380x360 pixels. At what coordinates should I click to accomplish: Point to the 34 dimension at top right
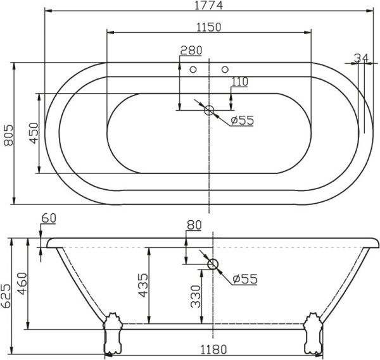pos(361,58)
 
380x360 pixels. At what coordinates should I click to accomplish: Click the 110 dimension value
pos(239,81)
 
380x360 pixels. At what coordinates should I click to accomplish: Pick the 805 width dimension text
pos(8,133)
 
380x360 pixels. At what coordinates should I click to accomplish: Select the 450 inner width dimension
pos(34,133)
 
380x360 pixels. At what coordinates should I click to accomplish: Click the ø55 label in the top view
pos(242,120)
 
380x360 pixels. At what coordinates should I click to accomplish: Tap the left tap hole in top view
pos(194,69)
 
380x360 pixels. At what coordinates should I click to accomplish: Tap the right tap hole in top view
pos(224,69)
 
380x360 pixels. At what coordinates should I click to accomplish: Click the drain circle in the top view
pos(209,110)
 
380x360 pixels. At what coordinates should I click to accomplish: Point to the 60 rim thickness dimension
pos(49,218)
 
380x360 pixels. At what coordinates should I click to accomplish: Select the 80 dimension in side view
pos(194,225)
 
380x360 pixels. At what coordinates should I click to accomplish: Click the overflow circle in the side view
pos(213,264)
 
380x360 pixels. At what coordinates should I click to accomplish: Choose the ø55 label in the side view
pos(244,279)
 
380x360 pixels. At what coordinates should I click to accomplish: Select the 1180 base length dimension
pos(214,349)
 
